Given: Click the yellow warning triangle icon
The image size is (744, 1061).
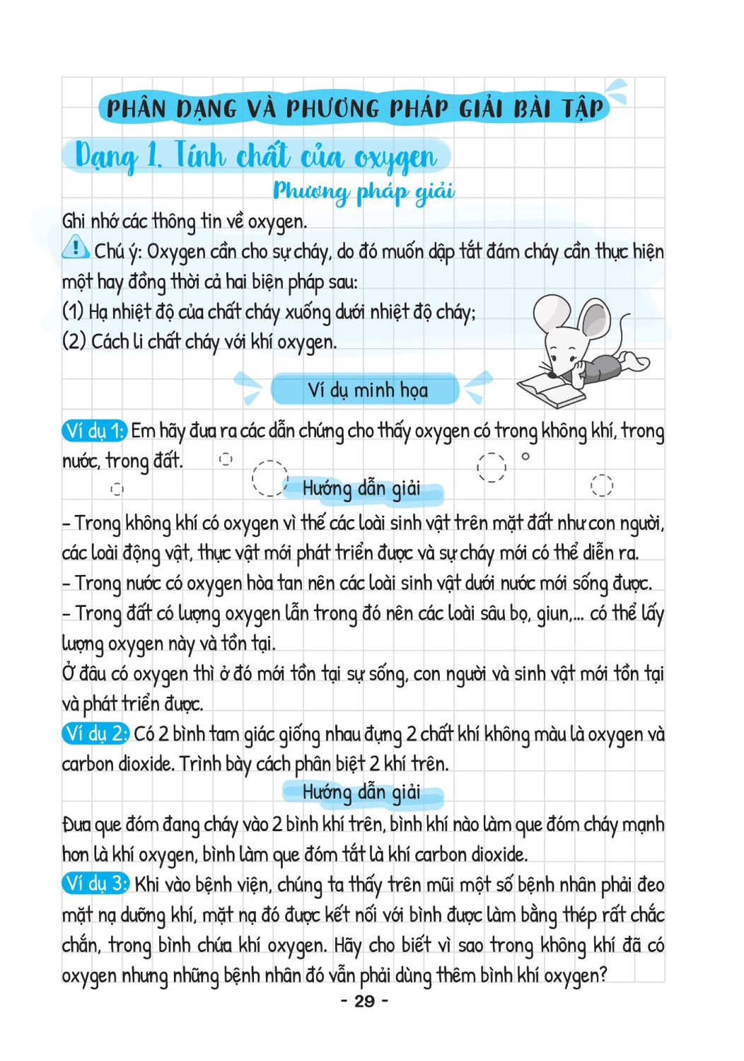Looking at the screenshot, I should [x=75, y=248].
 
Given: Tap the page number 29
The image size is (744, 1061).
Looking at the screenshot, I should [x=364, y=1001].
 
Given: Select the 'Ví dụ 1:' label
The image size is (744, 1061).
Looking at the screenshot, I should [x=94, y=431].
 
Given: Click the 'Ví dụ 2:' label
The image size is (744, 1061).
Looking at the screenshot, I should [x=95, y=734].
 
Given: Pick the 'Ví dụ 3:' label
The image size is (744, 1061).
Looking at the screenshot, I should [x=95, y=884].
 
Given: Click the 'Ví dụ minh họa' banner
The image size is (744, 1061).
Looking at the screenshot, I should [x=367, y=390].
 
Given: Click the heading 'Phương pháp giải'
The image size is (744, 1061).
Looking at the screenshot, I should [x=364, y=191].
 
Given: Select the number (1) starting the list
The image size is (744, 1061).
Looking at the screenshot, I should [x=73, y=311].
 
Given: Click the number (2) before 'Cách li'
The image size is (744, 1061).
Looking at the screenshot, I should [x=74, y=341].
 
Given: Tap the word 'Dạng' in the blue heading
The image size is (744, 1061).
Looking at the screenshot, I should [x=106, y=157].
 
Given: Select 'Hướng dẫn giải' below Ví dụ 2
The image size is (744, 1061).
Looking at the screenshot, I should [x=361, y=792].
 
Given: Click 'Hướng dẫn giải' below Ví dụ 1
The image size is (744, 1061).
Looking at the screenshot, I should [x=361, y=489].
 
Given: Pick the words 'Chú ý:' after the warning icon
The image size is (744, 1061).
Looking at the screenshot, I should [x=118, y=252].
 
